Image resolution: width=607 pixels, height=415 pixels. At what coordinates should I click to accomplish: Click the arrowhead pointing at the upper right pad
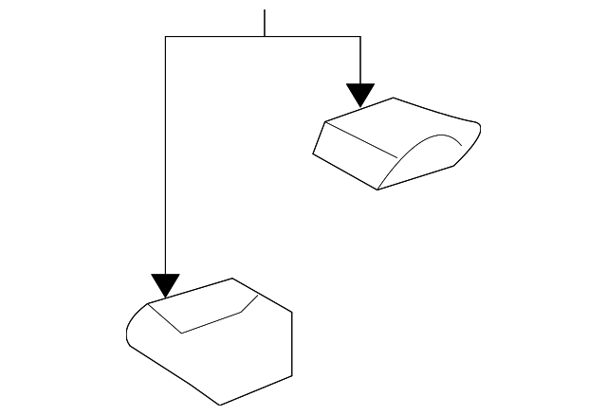(x=360, y=95)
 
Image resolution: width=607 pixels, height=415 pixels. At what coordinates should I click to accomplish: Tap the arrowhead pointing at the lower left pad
(x=165, y=285)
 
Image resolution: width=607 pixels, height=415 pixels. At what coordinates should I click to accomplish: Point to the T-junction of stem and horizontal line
(x=265, y=37)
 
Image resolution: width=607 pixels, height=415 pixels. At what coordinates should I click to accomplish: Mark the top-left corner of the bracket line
(x=166, y=37)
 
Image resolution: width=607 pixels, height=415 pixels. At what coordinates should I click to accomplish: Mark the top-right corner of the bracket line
(x=360, y=37)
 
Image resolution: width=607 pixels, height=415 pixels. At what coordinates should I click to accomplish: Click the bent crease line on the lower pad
(x=213, y=320)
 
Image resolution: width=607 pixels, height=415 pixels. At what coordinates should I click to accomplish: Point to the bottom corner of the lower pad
(x=220, y=405)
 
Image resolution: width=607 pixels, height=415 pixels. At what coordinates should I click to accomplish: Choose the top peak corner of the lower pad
(x=233, y=279)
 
